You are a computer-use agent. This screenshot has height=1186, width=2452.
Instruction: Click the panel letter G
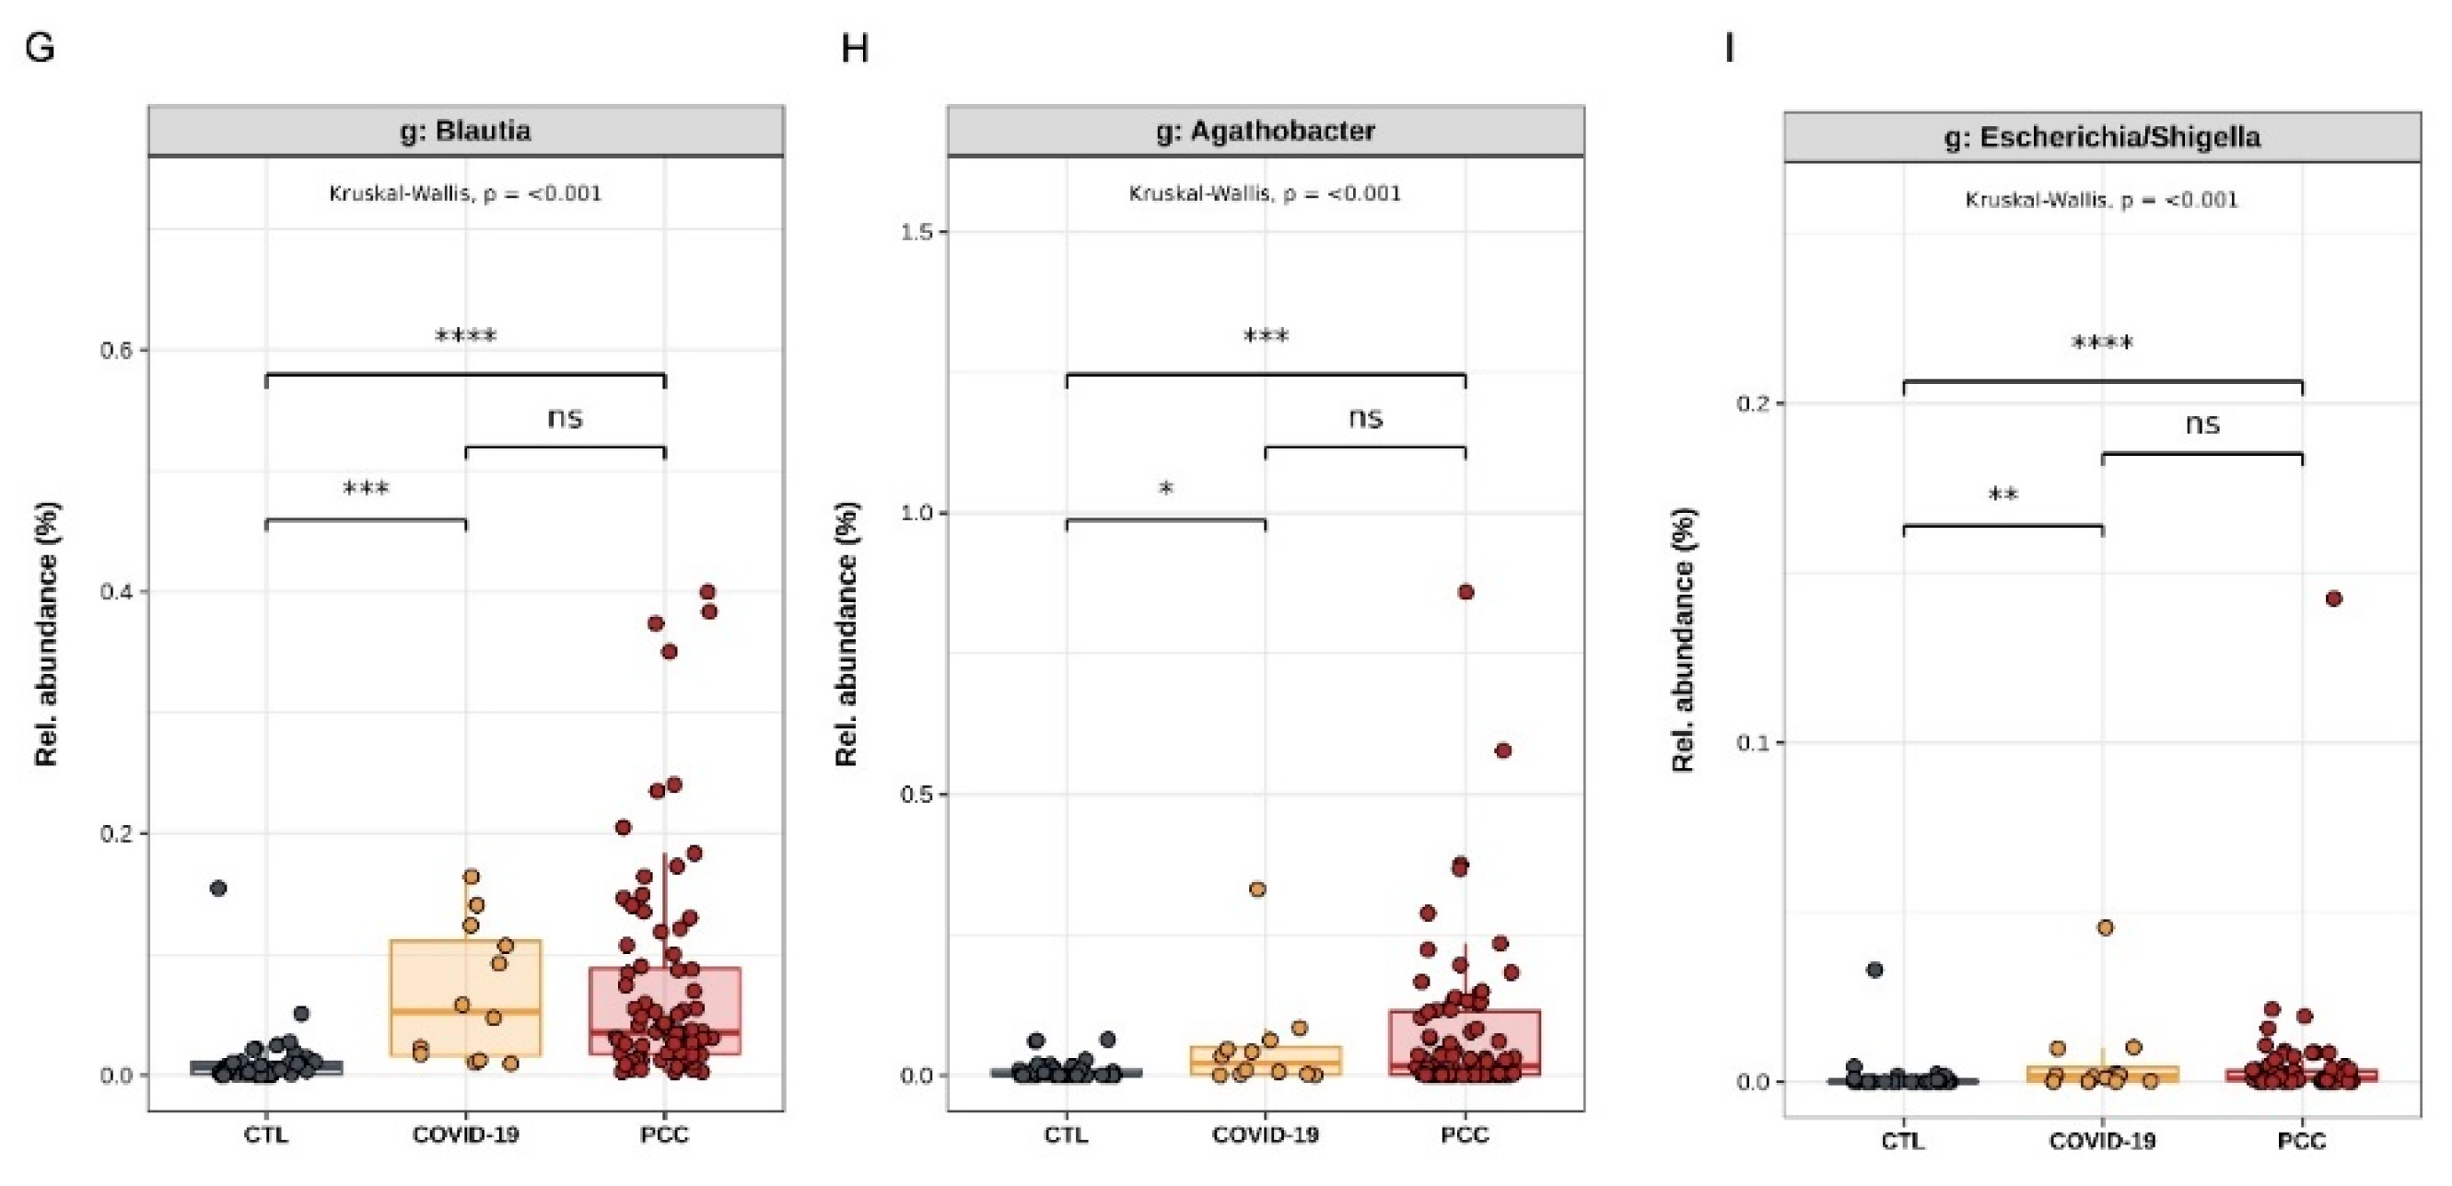point(40,47)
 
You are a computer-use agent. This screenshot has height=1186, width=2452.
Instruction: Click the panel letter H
point(854,47)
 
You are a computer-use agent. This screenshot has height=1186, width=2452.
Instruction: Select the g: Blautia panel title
point(465,131)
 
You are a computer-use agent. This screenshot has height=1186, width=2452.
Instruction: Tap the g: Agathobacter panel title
point(1265,131)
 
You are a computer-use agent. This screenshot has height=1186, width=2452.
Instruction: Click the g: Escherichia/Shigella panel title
point(2102,137)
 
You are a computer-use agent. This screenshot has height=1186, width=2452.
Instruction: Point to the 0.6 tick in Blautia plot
point(116,350)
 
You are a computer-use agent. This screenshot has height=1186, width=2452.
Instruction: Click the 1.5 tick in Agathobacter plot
point(917,231)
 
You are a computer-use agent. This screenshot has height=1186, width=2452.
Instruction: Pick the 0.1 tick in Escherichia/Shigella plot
point(1752,742)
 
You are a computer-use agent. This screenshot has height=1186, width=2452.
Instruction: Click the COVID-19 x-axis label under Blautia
point(465,1134)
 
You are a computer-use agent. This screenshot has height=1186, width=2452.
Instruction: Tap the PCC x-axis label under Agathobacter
point(1464,1134)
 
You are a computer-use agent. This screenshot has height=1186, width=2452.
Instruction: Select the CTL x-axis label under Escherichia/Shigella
point(1902,1140)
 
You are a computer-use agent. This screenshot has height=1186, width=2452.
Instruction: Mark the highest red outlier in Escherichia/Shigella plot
point(2333,599)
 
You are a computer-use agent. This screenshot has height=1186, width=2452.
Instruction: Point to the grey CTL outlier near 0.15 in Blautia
point(218,888)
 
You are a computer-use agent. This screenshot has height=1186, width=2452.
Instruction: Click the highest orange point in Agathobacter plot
point(1256,889)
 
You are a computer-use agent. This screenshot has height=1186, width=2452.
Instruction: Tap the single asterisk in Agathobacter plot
point(1165,489)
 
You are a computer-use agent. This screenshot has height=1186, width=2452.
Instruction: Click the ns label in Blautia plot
point(565,418)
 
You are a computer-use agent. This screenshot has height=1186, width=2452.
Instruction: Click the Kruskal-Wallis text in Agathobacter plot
point(1265,193)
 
